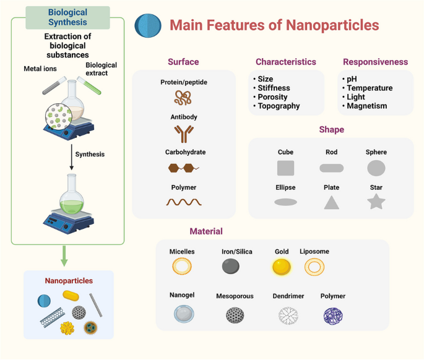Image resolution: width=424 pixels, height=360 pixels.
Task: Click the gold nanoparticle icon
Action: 281,267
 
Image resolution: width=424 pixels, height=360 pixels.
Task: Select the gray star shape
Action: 376,202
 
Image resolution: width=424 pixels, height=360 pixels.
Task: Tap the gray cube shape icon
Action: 285,168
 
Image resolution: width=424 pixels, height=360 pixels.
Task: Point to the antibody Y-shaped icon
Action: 183,134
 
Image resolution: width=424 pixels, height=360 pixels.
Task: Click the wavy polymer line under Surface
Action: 183,202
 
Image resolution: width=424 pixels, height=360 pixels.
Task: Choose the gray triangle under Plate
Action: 332,202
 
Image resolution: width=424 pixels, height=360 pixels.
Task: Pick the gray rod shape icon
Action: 331,168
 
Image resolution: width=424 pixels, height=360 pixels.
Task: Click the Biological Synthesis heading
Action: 67,17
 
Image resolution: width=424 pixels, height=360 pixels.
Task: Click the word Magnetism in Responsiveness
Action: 367,106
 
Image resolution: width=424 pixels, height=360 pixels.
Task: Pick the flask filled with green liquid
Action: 72,197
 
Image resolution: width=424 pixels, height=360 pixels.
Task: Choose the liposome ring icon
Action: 314,267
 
